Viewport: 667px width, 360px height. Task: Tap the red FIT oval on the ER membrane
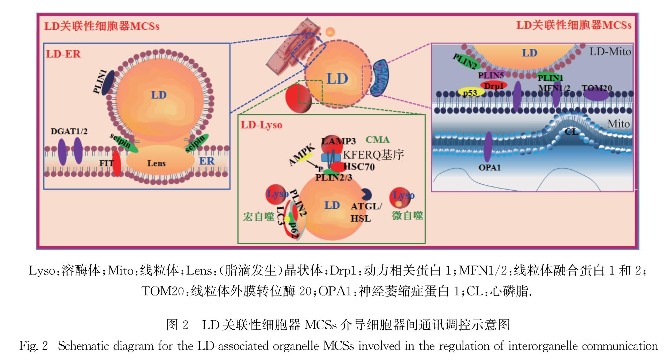tap(117, 163)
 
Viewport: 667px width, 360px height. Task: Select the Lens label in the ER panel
tap(156, 163)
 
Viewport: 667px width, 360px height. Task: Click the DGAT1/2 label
tap(69, 131)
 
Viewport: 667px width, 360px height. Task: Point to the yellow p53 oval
tap(471, 92)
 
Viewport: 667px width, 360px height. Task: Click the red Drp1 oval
tap(493, 85)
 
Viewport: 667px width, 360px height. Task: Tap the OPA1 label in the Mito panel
tap(490, 168)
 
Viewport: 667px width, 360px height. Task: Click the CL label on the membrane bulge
tap(571, 132)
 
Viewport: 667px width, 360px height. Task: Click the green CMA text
tap(377, 140)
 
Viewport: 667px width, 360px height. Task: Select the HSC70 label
tap(359, 167)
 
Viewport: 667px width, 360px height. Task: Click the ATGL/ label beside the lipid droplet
tap(366, 206)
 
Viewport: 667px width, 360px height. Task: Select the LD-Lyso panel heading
tap(261, 125)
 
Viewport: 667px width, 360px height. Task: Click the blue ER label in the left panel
tap(206, 161)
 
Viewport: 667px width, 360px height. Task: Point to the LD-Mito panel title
tap(610, 52)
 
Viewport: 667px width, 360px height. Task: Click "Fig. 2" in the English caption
tap(33, 346)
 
